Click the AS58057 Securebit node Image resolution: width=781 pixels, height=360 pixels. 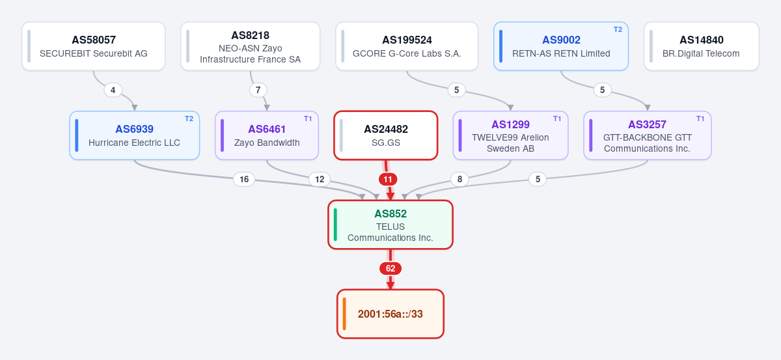[x=94, y=46]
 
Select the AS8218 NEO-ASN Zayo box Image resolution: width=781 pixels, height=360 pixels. [x=251, y=46]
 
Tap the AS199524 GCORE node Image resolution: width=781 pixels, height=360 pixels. [x=407, y=46]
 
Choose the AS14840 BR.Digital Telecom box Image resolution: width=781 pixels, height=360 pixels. [x=702, y=46]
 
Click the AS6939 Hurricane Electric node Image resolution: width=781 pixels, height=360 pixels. [x=135, y=135]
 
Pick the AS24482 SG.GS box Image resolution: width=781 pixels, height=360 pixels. [x=385, y=135]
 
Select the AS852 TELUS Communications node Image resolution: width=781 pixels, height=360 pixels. [x=390, y=225]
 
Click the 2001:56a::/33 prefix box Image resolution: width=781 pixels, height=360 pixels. [x=390, y=314]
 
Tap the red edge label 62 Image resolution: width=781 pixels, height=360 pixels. [x=390, y=269]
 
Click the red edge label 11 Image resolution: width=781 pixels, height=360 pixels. [x=388, y=179]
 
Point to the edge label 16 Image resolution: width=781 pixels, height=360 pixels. [x=244, y=179]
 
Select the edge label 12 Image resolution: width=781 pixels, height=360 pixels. [x=320, y=179]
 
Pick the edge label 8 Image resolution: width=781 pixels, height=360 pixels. [x=459, y=179]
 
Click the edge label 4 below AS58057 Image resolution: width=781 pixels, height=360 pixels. [x=113, y=90]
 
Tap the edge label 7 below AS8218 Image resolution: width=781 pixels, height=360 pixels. [x=258, y=90]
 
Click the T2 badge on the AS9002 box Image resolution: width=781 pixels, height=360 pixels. [x=618, y=30]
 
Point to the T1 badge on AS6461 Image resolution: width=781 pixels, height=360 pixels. [x=308, y=119]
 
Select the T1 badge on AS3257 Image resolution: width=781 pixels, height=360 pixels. [x=700, y=119]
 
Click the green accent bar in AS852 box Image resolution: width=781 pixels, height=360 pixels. [x=335, y=225]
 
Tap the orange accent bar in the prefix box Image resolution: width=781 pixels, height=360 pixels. [x=344, y=314]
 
